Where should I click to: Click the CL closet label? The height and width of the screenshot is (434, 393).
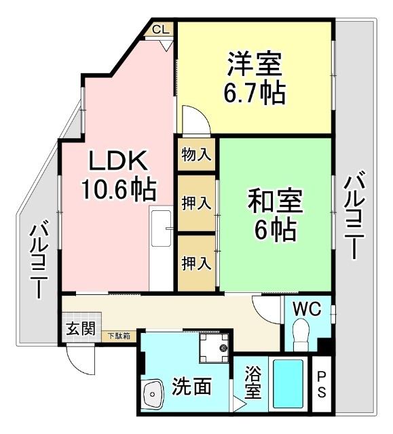pos(160,29)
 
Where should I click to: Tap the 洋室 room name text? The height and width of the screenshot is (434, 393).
pos(253,64)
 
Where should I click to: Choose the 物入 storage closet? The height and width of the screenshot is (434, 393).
pos(196,154)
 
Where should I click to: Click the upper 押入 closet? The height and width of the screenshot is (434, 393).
pos(196,203)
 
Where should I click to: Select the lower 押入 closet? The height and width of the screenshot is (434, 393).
pos(196,262)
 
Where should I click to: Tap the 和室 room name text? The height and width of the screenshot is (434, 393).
pos(275,203)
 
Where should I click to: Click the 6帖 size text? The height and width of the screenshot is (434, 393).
pos(275,231)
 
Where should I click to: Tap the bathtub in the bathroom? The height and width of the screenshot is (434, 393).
pos(288,383)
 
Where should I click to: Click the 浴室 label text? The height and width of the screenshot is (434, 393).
pos(252,384)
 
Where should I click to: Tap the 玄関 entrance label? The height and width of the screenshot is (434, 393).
pos(81,329)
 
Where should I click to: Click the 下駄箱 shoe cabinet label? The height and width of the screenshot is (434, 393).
pos(119,334)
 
